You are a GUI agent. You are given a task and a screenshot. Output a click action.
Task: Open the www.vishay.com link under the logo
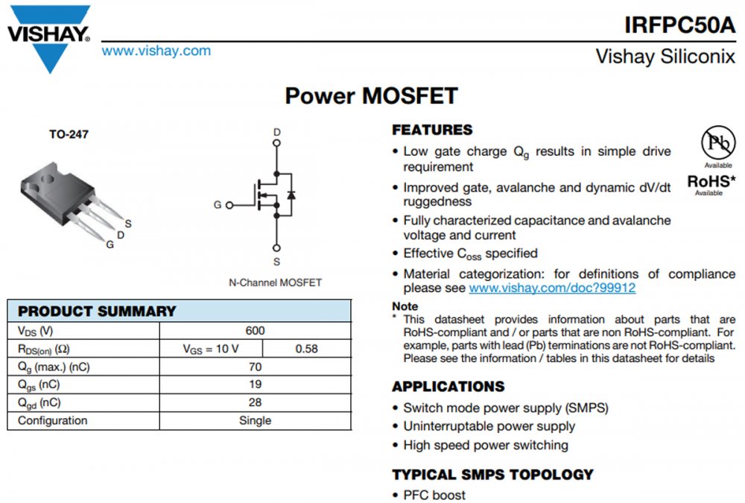156,51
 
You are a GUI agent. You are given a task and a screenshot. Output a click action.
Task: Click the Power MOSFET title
371,96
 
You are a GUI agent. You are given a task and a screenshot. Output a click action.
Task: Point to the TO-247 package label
69,135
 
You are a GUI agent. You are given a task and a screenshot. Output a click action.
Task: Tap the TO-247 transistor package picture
71,194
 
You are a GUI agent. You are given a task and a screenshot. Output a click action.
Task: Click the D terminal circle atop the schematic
276,146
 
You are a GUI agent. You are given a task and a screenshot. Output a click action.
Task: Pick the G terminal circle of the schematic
229,205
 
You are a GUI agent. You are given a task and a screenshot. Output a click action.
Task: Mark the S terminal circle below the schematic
276,248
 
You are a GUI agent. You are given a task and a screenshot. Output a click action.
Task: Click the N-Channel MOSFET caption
275,282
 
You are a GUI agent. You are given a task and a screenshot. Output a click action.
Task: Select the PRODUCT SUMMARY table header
97,311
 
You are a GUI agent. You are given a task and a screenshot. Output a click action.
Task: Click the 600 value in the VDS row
255,331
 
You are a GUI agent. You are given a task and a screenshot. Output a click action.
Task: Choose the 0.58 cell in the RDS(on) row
306,349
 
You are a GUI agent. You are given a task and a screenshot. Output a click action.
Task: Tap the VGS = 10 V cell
211,349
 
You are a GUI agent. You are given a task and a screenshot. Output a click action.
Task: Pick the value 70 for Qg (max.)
255,367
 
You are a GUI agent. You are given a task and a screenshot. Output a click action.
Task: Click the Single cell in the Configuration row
255,420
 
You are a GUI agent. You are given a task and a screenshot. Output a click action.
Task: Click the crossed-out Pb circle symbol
717,142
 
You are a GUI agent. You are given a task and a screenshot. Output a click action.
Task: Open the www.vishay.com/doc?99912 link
552,288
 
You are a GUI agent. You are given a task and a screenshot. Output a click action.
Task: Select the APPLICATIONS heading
448,387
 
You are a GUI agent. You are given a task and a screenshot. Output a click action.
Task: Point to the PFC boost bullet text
434,495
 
